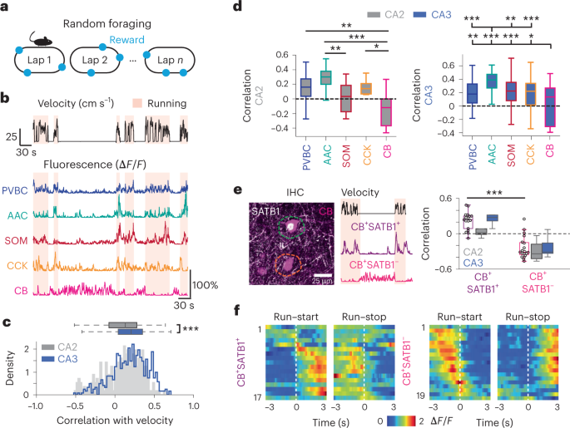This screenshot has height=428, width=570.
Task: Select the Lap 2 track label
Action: (97, 60)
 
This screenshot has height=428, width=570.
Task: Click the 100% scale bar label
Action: (206, 285)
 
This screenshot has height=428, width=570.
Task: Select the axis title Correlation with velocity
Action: (113, 420)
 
